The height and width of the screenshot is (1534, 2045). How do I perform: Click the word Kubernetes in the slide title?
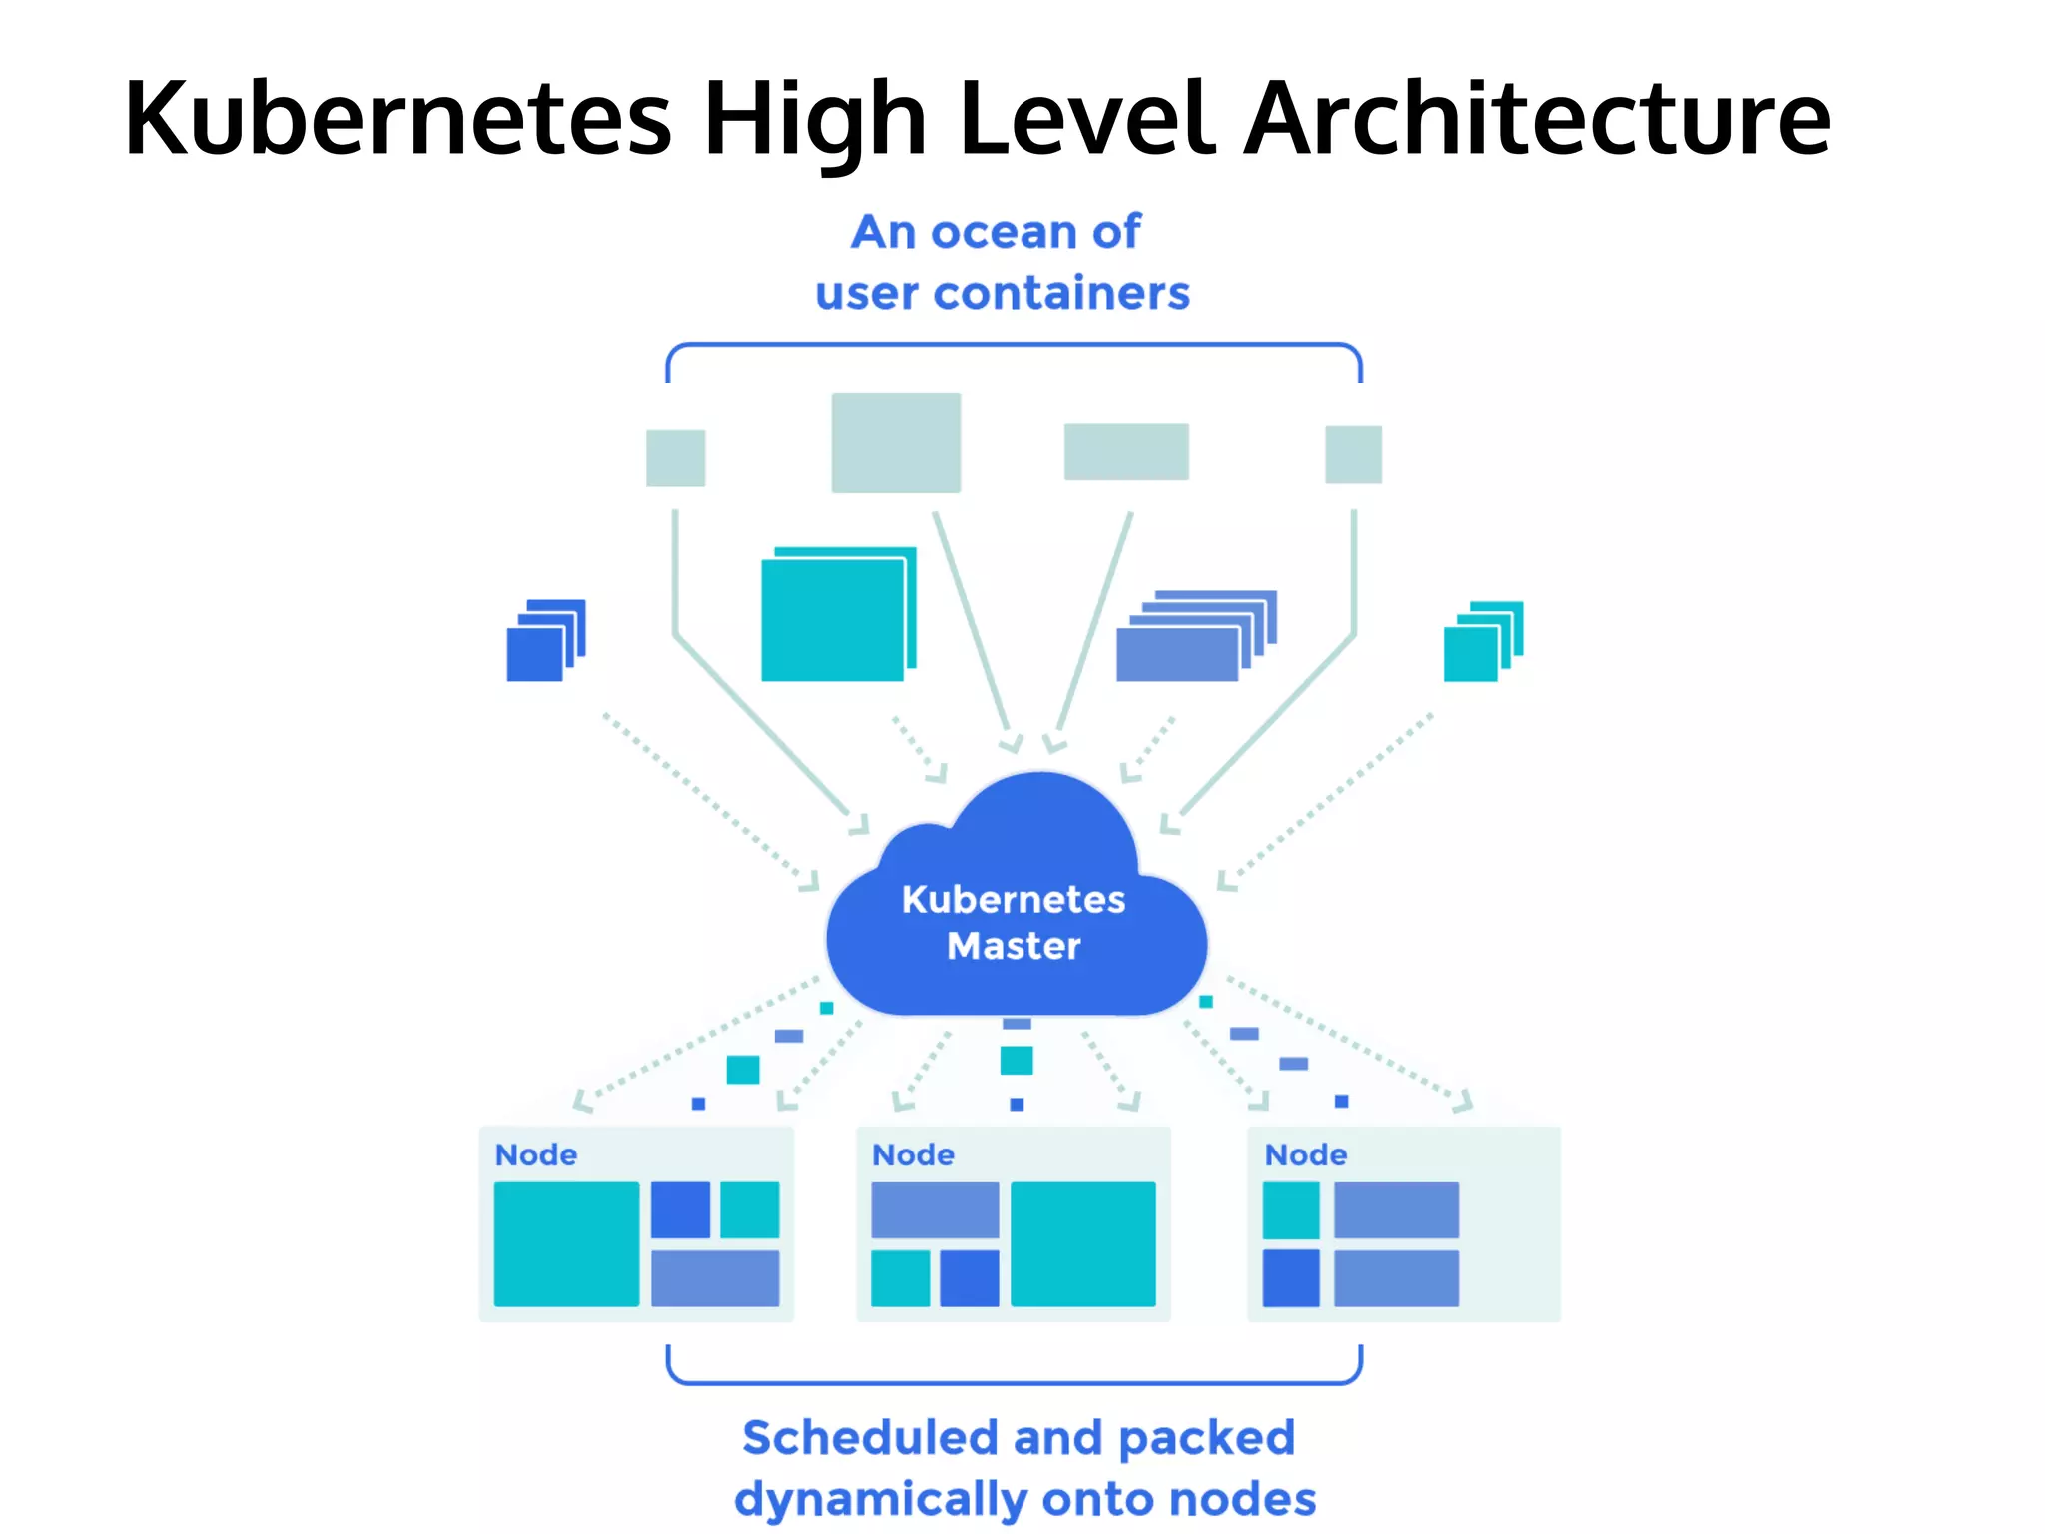[x=397, y=120]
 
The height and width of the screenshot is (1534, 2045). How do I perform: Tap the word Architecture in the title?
[x=1538, y=120]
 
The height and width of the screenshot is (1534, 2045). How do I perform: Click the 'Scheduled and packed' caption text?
[x=1019, y=1438]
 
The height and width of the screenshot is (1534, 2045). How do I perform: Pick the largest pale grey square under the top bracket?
[x=896, y=442]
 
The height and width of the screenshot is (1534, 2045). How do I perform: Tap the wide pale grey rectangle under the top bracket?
[x=1126, y=451]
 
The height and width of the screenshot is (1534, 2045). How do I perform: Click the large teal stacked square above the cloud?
[x=833, y=619]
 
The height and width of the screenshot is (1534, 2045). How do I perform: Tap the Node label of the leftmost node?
[x=536, y=1155]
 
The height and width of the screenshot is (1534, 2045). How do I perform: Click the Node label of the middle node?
[x=913, y=1155]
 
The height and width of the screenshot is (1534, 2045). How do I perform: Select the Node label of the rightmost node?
[x=1306, y=1155]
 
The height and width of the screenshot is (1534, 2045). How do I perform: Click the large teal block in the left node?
[x=566, y=1244]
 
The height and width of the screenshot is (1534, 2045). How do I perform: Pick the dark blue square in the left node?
[x=680, y=1209]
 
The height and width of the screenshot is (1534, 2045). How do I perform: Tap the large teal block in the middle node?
[x=1083, y=1244]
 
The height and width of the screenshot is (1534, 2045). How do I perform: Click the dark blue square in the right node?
[x=1291, y=1278]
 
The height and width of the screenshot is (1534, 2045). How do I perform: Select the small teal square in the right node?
[x=1291, y=1210]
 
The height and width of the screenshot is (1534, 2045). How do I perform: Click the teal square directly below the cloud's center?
[x=1017, y=1060]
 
